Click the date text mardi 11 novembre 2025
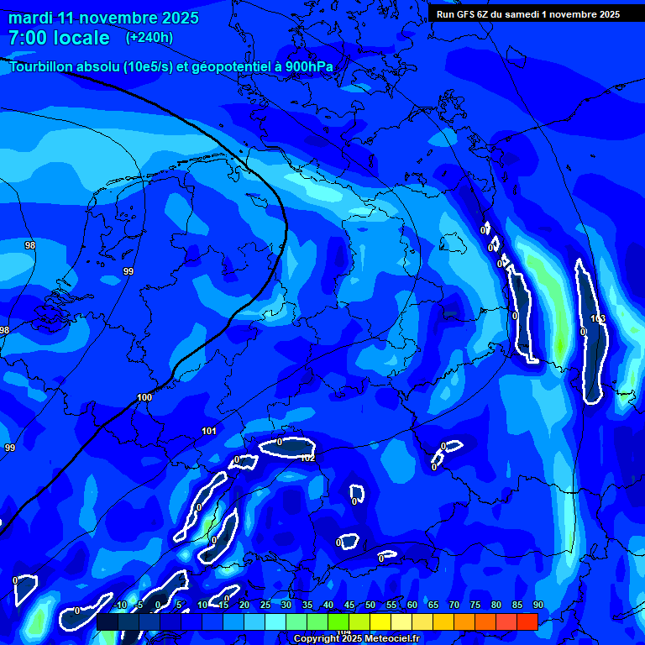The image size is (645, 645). click(x=103, y=18)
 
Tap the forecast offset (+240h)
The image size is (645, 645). click(x=149, y=37)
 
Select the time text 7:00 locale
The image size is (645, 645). click(x=59, y=38)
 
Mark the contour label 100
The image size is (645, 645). click(x=144, y=397)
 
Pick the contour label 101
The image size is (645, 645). click(x=209, y=431)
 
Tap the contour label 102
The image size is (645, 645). click(x=307, y=458)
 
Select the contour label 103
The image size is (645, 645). click(x=598, y=318)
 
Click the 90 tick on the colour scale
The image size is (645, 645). click(x=537, y=605)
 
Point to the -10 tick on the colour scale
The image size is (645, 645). click(x=119, y=605)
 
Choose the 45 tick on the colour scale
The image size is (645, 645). click(x=349, y=605)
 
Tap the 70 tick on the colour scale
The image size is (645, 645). click(x=454, y=605)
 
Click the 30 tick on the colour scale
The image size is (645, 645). click(x=286, y=605)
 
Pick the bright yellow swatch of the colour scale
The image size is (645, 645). click(x=380, y=621)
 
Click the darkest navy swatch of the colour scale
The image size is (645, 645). click(x=107, y=621)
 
